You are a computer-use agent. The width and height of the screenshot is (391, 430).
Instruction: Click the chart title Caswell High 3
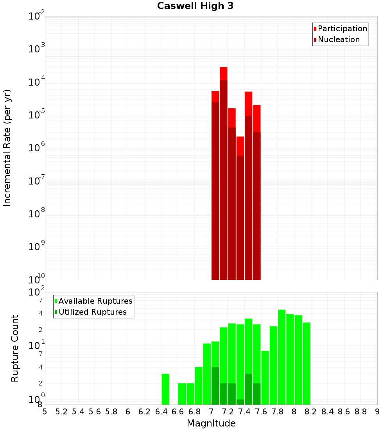[x=195, y=6]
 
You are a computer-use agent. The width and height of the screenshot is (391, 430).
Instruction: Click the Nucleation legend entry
[x=338, y=40]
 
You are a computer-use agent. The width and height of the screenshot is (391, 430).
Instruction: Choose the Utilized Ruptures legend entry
[x=92, y=312]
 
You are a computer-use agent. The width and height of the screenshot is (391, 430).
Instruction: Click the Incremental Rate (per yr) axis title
[x=7, y=148]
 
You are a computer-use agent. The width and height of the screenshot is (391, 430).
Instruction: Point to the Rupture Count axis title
[x=15, y=348]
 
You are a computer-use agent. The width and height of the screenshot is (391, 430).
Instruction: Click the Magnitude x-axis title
[x=211, y=423]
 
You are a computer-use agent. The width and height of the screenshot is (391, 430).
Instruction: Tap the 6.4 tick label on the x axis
[x=161, y=412]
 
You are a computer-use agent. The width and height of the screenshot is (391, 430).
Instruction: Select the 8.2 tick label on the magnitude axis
[x=311, y=412]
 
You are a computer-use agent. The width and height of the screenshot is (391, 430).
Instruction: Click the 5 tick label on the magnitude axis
[x=45, y=412]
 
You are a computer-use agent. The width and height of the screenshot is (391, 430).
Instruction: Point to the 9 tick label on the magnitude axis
[x=377, y=412]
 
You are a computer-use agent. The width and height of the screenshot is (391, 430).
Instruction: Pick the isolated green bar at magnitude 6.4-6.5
[x=165, y=389]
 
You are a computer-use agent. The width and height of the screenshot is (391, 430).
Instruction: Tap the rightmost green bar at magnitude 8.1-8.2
[x=307, y=363]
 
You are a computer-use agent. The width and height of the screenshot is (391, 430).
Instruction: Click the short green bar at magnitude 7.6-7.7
[x=265, y=377]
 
